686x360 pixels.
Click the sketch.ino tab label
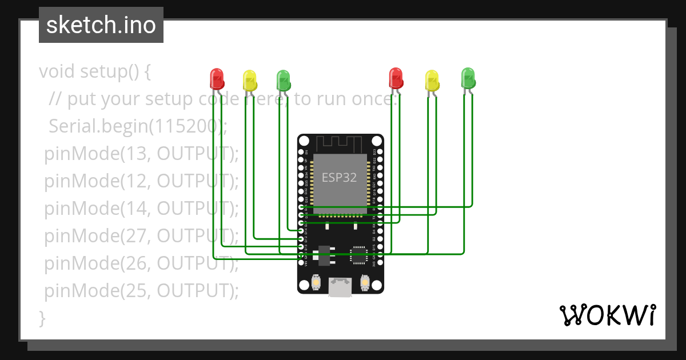pos(101,25)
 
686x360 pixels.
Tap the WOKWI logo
pos(607,315)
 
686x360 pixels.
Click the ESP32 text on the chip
pos(339,177)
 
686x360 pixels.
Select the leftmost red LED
pos(217,78)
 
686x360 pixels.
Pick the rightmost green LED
pos(468,77)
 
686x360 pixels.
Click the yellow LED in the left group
pos(250,80)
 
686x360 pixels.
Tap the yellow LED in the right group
pos(432,80)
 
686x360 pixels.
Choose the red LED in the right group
pos(396,77)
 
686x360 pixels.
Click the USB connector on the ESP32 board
pos(340,287)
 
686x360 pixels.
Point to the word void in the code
pos(57,72)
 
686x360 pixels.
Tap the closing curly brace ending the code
pos(42,318)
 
